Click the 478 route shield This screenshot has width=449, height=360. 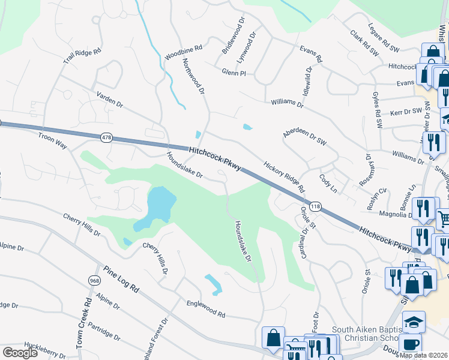(x=107, y=138)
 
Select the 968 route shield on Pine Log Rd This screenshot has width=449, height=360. (x=94, y=280)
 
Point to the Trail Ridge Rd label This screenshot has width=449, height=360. (x=82, y=55)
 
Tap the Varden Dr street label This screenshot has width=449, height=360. (x=110, y=99)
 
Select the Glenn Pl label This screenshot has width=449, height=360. (x=234, y=71)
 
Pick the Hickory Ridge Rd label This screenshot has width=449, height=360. (x=283, y=176)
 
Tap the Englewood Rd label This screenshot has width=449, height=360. (x=205, y=309)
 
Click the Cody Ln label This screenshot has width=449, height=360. (x=330, y=181)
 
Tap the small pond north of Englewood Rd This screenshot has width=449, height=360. (x=213, y=283)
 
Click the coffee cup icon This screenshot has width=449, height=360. (x=411, y=344)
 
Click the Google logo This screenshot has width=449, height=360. (x=20, y=352)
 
